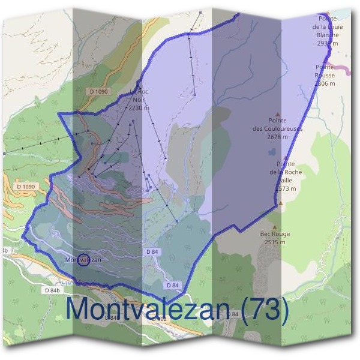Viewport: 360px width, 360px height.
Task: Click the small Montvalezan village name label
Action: point(83,260)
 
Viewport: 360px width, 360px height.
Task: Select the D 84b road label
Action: point(53,290)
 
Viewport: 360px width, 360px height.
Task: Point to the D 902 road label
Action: point(159,319)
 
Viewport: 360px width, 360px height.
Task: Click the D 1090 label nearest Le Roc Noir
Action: point(99,91)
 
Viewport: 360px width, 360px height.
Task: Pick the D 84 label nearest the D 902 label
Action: point(173,284)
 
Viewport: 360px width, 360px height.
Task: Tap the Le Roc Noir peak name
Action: point(139,95)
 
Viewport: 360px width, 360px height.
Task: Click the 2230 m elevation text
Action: point(139,108)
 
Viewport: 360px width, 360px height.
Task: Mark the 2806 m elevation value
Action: point(325,83)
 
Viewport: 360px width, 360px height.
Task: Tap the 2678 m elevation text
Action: point(277,137)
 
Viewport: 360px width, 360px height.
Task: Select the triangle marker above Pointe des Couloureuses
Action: point(277,114)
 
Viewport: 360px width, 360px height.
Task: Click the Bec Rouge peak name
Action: point(275,234)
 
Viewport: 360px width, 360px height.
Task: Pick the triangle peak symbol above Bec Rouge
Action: point(275,227)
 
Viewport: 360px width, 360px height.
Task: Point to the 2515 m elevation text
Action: point(275,242)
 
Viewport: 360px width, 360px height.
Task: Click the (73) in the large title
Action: point(265,310)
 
